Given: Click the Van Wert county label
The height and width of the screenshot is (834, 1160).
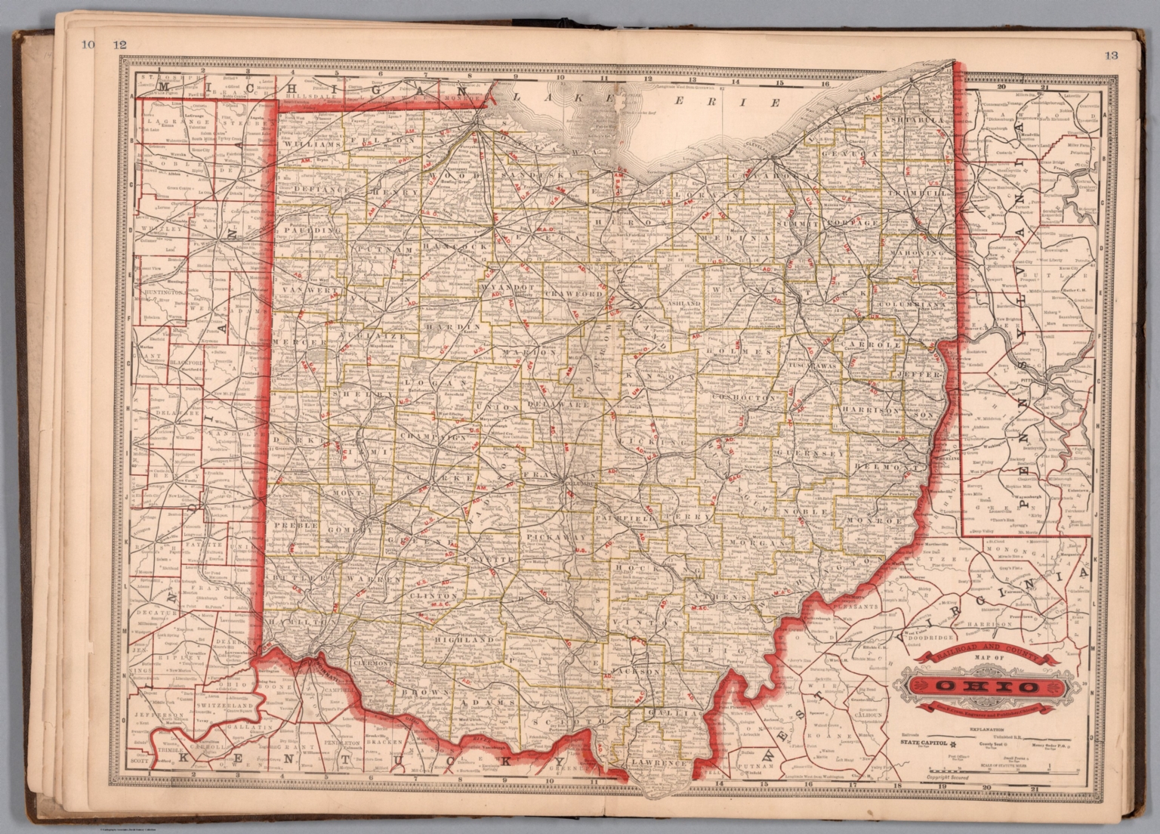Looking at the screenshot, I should point(301,291).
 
